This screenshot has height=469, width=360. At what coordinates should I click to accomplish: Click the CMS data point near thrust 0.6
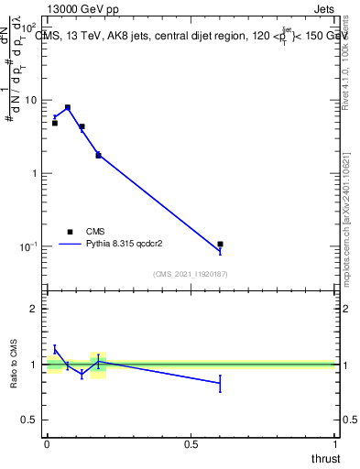(x=220, y=245)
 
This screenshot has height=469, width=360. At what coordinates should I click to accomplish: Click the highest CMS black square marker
(x=68, y=107)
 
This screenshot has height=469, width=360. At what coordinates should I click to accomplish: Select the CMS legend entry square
(x=69, y=232)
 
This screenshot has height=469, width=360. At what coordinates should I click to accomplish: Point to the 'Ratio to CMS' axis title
(x=14, y=365)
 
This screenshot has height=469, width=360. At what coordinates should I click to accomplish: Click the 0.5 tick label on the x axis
(x=191, y=443)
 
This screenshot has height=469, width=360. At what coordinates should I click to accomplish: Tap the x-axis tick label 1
(x=335, y=443)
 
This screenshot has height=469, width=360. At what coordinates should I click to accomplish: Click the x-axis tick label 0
(x=47, y=443)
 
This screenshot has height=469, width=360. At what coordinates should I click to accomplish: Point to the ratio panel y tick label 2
(x=33, y=309)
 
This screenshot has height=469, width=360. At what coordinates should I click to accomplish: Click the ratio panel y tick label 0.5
(x=30, y=420)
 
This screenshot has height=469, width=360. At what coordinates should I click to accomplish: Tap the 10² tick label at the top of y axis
(x=30, y=27)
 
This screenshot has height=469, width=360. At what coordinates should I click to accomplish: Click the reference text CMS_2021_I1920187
(x=191, y=274)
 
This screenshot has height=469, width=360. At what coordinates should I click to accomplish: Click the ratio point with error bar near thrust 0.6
(x=220, y=383)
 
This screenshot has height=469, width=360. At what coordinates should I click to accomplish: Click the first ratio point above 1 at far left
(x=55, y=348)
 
